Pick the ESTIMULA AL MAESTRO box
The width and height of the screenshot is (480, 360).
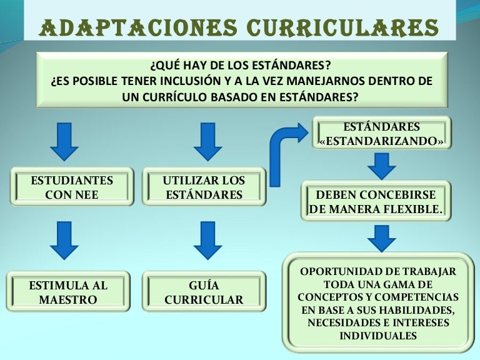click(x=68, y=292)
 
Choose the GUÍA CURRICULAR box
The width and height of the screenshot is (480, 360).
click(x=204, y=292)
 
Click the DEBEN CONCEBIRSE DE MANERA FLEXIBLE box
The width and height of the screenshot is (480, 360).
click(x=376, y=202)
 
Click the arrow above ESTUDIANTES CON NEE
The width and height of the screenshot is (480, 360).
click(x=64, y=141)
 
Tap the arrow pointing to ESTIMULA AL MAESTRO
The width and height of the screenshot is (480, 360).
click(x=64, y=241)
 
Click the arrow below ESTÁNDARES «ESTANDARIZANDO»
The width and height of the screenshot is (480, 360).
click(x=381, y=165)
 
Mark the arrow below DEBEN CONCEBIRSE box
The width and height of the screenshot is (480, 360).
click(x=381, y=237)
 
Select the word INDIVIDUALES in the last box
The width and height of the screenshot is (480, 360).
click(x=378, y=336)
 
